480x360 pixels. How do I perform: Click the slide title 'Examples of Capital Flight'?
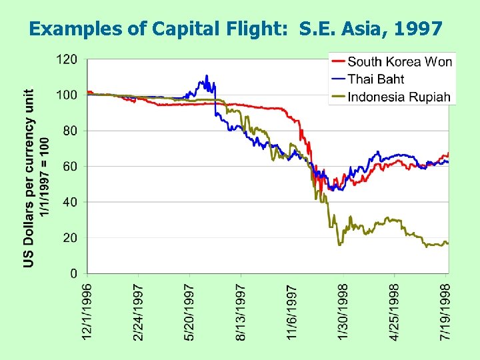point(236,29)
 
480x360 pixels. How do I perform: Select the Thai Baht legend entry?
point(376,79)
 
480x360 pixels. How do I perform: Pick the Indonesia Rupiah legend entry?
point(399,97)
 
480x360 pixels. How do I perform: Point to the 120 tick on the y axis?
point(66,59)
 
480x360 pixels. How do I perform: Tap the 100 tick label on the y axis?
point(66,95)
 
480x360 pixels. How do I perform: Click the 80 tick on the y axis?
point(70,131)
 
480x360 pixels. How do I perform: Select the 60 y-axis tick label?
point(70,166)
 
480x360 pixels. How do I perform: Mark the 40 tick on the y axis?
point(70,202)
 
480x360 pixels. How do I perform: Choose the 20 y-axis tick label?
point(70,238)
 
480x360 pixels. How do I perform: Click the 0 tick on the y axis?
point(73,273)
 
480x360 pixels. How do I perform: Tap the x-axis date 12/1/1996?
point(87,312)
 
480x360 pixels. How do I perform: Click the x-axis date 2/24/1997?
point(139,312)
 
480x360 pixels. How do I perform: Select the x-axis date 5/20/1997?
point(190,312)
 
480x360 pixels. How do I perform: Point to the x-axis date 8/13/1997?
point(241,312)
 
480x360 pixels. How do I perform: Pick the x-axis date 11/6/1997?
point(292,312)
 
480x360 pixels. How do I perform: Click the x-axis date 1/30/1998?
point(343,312)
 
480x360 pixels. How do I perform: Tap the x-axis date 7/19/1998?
point(446,312)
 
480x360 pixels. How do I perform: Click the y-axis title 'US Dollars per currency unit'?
point(29,179)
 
